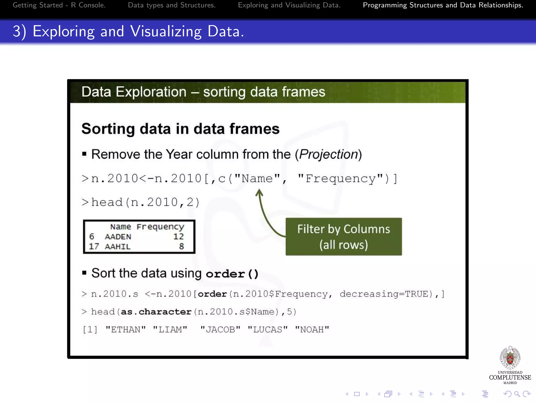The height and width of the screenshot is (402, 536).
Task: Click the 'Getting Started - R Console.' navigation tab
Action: [59, 5]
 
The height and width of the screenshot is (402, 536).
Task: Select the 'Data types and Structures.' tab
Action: [172, 5]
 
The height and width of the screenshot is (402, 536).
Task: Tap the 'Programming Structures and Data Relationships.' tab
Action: [443, 5]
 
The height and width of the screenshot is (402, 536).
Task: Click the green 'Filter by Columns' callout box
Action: [344, 237]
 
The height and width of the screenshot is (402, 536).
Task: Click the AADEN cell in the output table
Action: [118, 237]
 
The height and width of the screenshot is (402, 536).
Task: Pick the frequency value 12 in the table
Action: [178, 237]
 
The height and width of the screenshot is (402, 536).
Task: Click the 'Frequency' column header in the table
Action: [160, 227]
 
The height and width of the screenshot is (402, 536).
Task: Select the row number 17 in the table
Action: [94, 247]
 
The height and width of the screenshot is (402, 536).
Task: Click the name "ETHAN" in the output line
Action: [126, 330]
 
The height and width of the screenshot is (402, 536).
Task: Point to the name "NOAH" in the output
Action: [312, 330]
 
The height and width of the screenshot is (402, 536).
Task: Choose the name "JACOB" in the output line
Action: [220, 330]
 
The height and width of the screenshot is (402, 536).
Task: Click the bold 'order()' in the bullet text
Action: [232, 274]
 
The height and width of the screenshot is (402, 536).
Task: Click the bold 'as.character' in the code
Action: [156, 312]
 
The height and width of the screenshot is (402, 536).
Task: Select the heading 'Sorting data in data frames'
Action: [181, 129]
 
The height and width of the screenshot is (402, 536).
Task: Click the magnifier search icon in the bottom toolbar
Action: [517, 394]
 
